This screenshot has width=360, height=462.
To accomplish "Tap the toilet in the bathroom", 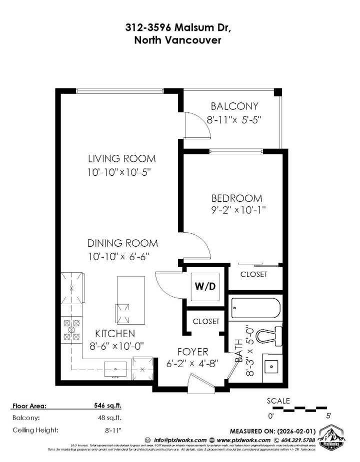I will (272, 335).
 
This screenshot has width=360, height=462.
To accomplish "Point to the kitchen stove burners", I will (71, 329).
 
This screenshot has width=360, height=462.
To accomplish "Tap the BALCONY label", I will (234, 106).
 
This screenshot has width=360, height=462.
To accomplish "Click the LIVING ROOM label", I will (121, 159).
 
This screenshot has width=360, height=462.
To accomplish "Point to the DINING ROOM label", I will (122, 244).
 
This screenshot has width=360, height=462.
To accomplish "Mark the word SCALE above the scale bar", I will (278, 400).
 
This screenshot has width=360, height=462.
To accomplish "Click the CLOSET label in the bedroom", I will (253, 274).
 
